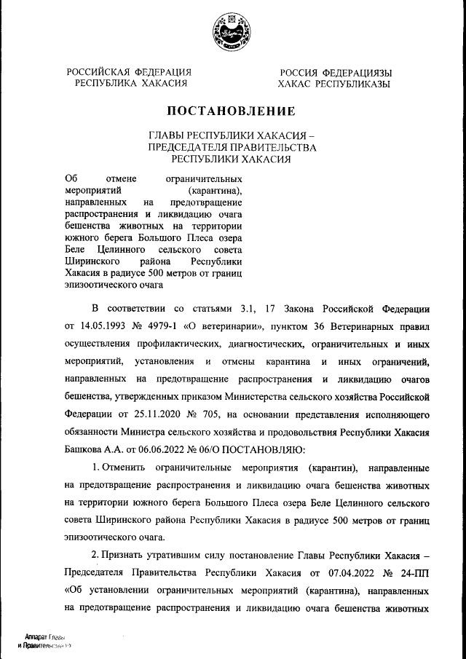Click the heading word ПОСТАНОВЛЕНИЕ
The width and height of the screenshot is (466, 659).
232,111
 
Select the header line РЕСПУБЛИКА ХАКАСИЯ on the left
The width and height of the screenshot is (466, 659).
130,84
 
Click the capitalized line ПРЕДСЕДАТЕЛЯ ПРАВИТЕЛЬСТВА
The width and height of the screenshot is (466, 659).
232,146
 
